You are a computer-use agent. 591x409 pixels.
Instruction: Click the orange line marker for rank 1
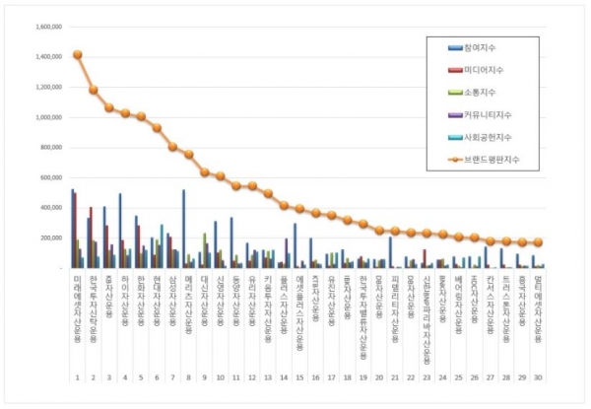(77, 55)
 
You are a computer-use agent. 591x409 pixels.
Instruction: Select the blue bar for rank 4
(119, 231)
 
